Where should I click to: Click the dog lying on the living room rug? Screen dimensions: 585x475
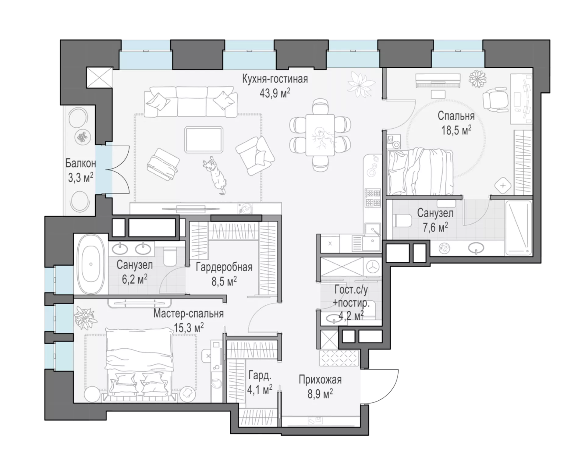point(215,175)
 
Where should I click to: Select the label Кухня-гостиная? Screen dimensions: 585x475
point(275,79)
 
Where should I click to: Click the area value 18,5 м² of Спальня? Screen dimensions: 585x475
point(456,131)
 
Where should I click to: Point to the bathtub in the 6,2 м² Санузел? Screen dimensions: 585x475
point(90,264)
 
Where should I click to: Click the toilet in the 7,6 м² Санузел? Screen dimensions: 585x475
point(402,220)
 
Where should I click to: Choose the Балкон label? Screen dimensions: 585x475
point(80,163)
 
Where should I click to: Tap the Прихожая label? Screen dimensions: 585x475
point(320,380)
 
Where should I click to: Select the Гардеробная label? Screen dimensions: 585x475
point(224,267)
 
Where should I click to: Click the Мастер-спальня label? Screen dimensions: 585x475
point(188,314)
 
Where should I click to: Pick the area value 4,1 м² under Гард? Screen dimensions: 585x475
point(260,390)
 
